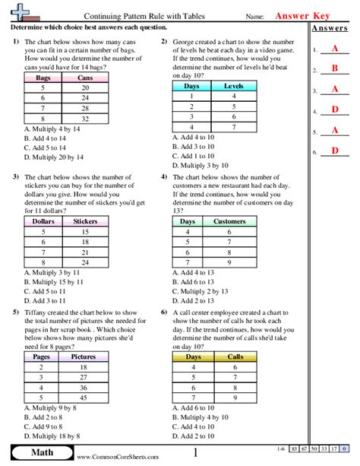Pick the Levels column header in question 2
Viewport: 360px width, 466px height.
pyautogui.click(x=234, y=87)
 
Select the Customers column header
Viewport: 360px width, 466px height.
pyautogui.click(x=229, y=222)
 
